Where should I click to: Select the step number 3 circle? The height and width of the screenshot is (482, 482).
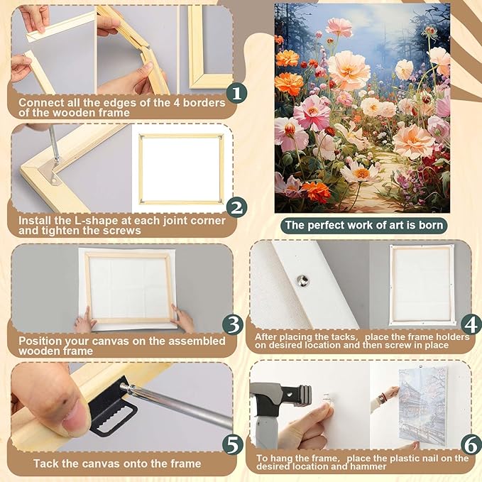(x=233, y=325)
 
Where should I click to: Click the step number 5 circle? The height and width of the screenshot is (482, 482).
(x=233, y=445)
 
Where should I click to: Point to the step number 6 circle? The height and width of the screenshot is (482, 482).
(x=470, y=445)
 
